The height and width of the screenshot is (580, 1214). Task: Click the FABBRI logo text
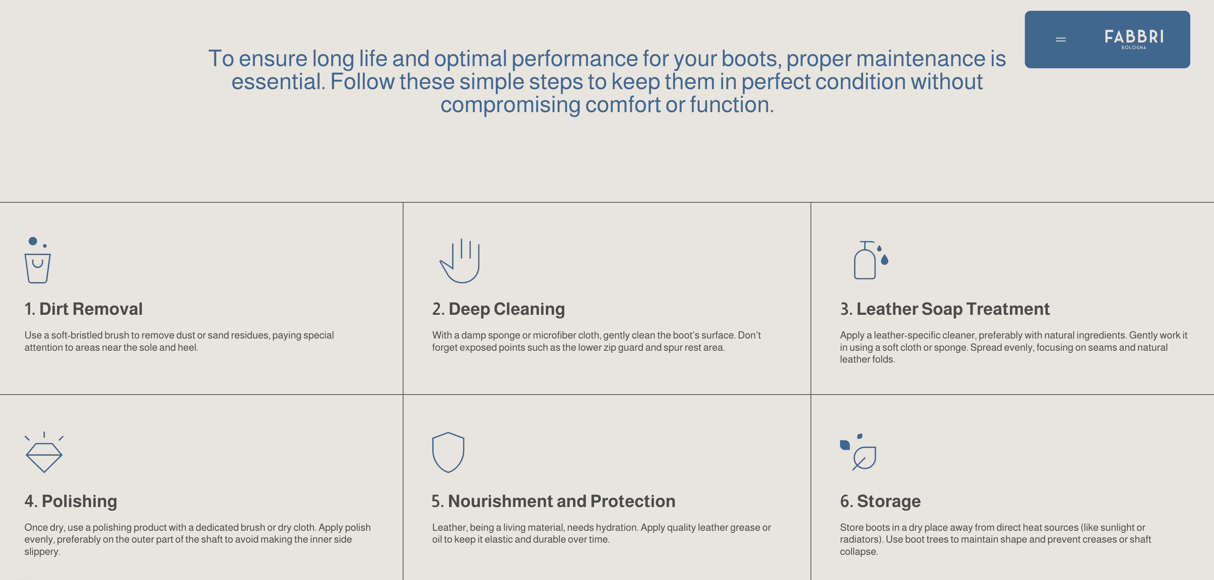[x=1134, y=36]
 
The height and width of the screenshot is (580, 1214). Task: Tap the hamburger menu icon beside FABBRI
[x=1060, y=40]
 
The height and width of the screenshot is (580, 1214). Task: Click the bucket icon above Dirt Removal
[x=38, y=260]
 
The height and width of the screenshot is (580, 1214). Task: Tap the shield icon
[x=448, y=452]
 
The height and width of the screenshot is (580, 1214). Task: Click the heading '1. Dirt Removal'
[x=83, y=309]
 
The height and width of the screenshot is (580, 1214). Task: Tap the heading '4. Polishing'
[x=71, y=501]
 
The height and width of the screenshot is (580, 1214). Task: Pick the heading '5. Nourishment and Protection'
[x=554, y=501]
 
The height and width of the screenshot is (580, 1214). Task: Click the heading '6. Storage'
[x=880, y=501]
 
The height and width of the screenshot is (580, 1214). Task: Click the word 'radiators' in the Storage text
[x=859, y=539]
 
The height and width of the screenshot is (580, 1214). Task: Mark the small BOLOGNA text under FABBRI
[x=1134, y=47]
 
